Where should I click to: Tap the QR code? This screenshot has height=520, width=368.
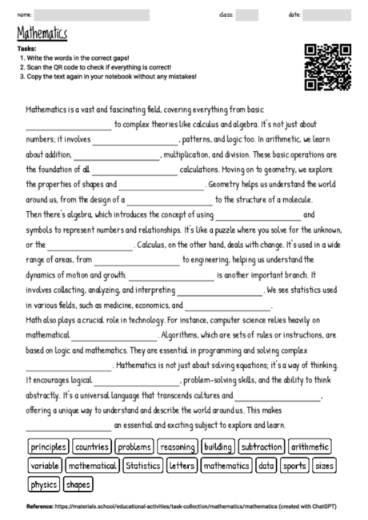point(327,67)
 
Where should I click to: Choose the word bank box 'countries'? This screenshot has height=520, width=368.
point(92,447)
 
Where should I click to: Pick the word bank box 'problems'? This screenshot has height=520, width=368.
point(134,447)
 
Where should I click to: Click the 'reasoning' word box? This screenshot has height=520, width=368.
point(177,447)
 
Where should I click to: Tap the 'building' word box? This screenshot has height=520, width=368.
point(218,447)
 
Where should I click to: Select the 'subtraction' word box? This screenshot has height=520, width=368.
point(262,447)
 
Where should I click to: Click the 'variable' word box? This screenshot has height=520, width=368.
point(46,466)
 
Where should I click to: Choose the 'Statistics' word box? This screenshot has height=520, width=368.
point(143,466)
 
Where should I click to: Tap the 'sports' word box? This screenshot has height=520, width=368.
point(294,466)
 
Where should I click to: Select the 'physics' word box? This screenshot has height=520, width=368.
point(44,484)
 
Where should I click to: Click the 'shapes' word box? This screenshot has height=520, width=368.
point(78,484)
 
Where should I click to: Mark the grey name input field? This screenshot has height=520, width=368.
point(92,14)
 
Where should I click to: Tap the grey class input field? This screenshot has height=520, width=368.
point(247,14)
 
